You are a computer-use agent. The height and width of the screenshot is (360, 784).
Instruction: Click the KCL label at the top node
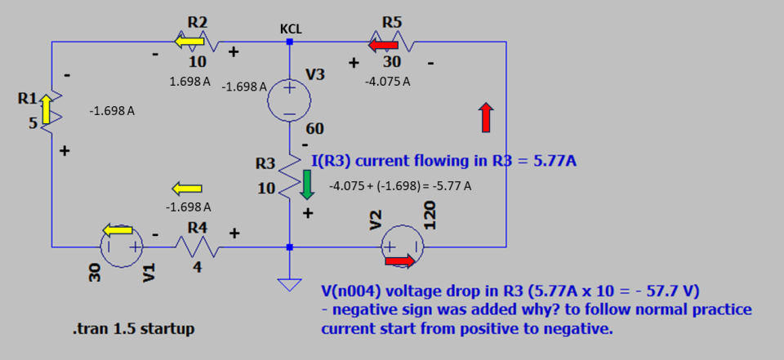coord(291,29)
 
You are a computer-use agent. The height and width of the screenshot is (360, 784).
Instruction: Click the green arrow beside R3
coord(307,184)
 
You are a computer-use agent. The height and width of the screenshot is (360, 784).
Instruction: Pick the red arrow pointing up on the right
coord(486,118)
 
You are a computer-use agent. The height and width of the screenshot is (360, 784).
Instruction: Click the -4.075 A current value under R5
coord(387,82)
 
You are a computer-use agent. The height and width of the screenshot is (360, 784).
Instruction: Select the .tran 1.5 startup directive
coord(133,330)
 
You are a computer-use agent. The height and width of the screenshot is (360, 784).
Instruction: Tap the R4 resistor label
coord(197,228)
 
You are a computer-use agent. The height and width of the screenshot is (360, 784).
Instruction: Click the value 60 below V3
coord(315,129)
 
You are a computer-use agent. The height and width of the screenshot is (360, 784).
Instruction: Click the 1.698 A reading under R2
coord(190,82)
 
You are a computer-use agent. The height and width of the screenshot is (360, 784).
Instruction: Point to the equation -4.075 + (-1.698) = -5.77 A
coord(399,186)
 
